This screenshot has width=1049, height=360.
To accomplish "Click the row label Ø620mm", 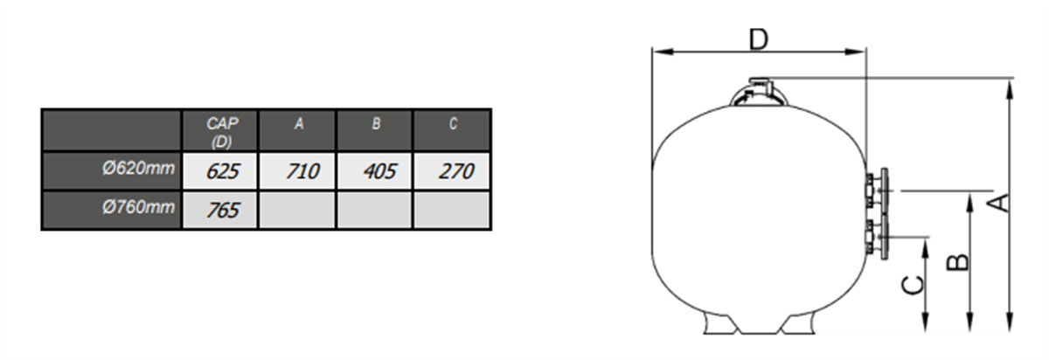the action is [x=138, y=168].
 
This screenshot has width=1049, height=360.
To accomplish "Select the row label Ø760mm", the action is [x=138, y=207].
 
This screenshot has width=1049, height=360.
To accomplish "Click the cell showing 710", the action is [x=297, y=171].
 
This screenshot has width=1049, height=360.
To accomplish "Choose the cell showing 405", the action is [x=375, y=171].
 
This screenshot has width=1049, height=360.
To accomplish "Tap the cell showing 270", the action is [x=452, y=171].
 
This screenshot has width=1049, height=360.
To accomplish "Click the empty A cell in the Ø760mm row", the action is [x=297, y=210].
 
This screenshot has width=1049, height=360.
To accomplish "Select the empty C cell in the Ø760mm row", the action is [x=452, y=210].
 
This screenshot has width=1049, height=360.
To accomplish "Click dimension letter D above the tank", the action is [x=759, y=39].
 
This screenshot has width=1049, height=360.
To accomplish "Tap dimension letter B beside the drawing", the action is [x=958, y=263].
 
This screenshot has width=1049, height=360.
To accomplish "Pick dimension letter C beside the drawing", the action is [x=914, y=286].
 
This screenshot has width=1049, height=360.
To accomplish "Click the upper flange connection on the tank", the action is [x=877, y=190].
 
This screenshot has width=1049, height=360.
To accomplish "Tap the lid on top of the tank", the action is [x=759, y=93].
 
